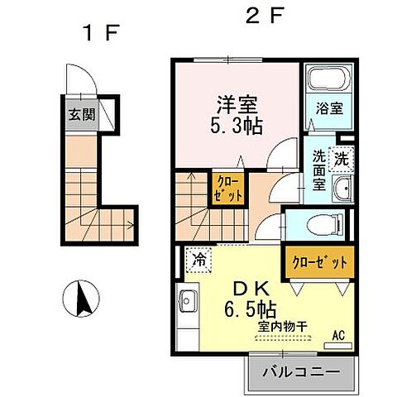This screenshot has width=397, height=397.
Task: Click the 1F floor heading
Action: [x=102, y=32]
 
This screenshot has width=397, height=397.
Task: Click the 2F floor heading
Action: [x=265, y=15]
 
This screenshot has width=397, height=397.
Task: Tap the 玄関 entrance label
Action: [x=82, y=114]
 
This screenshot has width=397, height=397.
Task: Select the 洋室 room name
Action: [x=237, y=105]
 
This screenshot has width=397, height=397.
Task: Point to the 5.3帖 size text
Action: [x=237, y=127]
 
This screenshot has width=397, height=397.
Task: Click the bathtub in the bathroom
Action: [x=329, y=79]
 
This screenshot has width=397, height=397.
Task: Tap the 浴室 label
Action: [x=329, y=108]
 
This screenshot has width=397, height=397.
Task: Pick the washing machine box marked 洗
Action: [x=342, y=160]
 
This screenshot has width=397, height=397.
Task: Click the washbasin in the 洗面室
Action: [x=342, y=189]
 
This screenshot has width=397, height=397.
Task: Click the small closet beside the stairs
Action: [x=228, y=189]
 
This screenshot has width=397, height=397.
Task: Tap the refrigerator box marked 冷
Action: [x=199, y=260]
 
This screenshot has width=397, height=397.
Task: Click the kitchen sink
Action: [x=186, y=301]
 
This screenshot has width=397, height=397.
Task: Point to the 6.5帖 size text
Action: [x=250, y=309]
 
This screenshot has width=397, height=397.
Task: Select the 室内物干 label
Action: [x=282, y=327]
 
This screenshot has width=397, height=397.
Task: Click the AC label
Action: [x=338, y=336]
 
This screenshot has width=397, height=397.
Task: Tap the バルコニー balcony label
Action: [x=301, y=372]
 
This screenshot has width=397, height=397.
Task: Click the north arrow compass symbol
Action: [x=81, y=299]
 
